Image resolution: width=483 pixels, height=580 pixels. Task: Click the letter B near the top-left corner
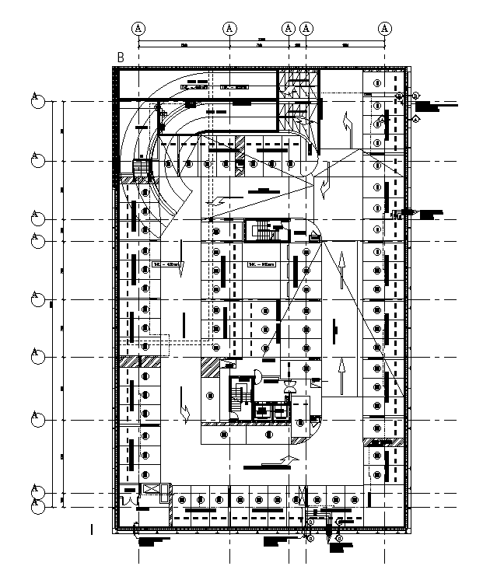121,57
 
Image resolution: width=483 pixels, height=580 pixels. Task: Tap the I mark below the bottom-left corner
92,529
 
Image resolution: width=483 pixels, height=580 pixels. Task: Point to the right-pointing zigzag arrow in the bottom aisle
287,460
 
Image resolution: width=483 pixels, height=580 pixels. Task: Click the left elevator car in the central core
263,410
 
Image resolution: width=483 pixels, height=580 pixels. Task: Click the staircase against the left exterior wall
141,169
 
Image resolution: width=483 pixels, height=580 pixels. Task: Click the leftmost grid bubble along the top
139,28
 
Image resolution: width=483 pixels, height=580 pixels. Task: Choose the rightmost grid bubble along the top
385,28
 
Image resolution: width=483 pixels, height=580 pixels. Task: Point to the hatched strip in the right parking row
382,442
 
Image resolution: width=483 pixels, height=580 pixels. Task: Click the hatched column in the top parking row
240,145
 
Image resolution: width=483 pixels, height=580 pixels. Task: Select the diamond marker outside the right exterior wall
415,119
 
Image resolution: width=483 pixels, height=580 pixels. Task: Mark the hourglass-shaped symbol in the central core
290,386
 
